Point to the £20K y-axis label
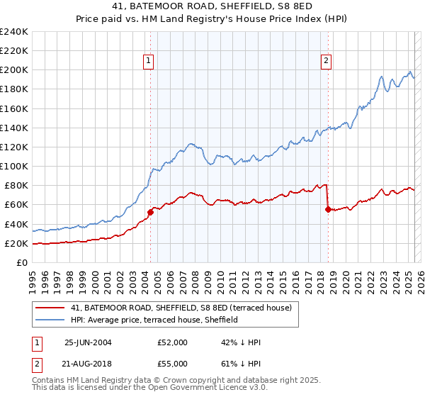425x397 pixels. (16, 243)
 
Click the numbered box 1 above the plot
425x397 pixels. (149, 61)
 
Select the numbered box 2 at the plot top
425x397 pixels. (326, 61)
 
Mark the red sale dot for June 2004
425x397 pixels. (150, 212)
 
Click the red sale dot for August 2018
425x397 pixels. (327, 209)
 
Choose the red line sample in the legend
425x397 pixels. (50, 308)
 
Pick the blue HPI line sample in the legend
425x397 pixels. (50, 320)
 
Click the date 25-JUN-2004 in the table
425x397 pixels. (88, 342)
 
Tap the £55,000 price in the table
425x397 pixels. (173, 364)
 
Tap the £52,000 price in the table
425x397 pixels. (173, 342)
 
